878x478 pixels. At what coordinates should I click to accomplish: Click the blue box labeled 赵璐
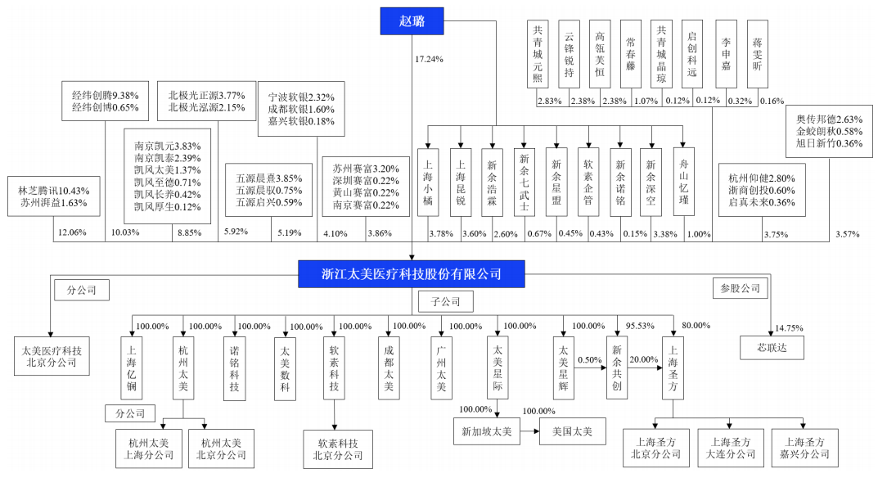[x=412, y=21]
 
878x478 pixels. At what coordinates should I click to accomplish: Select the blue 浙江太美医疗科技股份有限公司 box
[x=411, y=274]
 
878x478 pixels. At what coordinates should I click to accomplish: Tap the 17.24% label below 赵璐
[x=429, y=59]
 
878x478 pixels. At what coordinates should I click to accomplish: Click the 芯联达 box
[x=772, y=347]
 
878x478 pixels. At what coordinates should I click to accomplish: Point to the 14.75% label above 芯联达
[x=789, y=328]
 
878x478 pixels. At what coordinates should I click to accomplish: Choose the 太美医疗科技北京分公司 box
[x=52, y=356]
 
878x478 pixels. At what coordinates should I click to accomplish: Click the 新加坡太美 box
[x=487, y=431]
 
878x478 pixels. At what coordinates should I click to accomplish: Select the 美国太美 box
[x=572, y=431]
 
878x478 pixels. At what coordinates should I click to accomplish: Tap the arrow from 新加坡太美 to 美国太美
[x=529, y=431]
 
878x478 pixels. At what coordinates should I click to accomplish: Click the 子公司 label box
[x=446, y=301]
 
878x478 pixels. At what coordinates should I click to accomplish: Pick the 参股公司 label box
[x=741, y=289]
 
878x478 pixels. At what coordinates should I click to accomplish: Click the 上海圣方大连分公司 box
[x=730, y=448]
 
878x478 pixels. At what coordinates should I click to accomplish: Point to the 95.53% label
[x=640, y=326]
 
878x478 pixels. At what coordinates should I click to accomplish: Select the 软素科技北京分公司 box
[x=338, y=449]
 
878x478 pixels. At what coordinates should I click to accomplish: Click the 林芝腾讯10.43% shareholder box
[x=54, y=196]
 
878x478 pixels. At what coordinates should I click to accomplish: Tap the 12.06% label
[x=72, y=232]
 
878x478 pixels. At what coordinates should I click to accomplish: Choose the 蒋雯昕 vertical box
[x=757, y=54]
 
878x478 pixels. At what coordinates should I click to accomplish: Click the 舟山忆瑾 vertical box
[x=684, y=182]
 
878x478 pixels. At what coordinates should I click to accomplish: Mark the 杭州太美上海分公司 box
[x=149, y=449]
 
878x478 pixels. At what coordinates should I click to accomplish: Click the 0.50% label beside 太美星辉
[x=590, y=360]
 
